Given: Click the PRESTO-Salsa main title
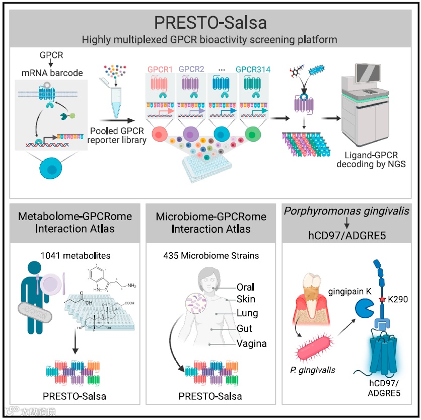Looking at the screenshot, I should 210,23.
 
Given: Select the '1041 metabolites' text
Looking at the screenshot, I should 74,255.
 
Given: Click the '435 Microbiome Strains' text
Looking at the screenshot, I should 211,255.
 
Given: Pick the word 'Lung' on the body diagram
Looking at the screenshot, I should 247,313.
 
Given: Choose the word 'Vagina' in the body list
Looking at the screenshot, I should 251,344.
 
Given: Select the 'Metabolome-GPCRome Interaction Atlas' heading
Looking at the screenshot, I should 74,223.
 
